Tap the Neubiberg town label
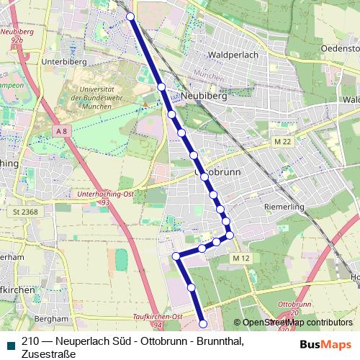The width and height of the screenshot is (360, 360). click(205, 95)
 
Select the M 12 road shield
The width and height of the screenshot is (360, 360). click(240, 258)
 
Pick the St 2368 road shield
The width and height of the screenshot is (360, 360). click(24, 211)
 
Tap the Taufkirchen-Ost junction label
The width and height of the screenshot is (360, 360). click(158, 317)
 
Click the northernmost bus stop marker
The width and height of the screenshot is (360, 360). click(130, 17)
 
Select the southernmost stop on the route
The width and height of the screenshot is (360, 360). click(203, 324)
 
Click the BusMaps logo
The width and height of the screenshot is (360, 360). click(326, 344)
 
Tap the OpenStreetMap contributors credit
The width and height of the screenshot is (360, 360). click(297, 323)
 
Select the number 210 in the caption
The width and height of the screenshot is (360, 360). click(30, 341)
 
